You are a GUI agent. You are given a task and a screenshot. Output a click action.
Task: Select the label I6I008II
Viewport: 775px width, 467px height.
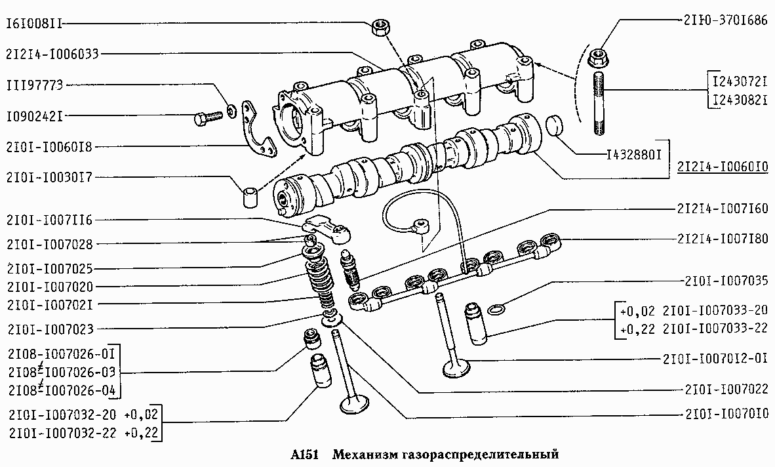click(35, 23)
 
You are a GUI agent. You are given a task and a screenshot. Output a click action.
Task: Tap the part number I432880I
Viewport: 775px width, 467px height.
click(634, 155)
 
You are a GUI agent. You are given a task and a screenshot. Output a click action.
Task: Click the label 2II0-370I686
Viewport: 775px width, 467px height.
click(726, 20)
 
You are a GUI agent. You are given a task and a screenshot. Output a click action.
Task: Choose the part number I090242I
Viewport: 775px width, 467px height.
click(35, 117)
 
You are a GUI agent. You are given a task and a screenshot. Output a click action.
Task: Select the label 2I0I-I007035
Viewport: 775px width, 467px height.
click(726, 281)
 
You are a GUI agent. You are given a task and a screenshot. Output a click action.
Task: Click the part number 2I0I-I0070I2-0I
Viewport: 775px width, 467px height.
click(716, 357)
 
